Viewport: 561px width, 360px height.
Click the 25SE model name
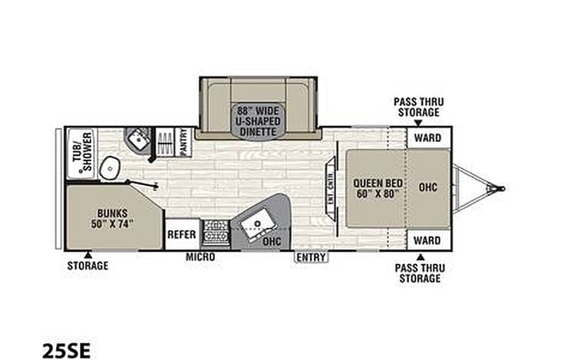coord(67,350)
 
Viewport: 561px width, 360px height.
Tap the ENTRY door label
coord(311,257)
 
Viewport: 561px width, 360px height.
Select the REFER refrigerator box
coord(182,234)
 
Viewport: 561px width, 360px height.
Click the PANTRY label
coord(184,142)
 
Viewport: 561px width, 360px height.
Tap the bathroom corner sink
coord(138,140)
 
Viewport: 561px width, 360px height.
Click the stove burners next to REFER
coord(216,232)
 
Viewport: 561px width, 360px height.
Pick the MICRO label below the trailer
coord(200,256)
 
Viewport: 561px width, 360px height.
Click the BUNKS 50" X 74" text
coord(112,219)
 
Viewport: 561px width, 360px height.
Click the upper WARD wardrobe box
coord(427,137)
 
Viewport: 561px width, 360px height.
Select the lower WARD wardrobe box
coord(427,240)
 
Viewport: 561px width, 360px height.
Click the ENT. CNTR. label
coord(332,187)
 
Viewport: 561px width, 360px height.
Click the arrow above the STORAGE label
coord(87,255)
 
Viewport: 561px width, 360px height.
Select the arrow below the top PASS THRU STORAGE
coord(418,123)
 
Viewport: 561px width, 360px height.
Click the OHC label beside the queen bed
coord(428,187)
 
